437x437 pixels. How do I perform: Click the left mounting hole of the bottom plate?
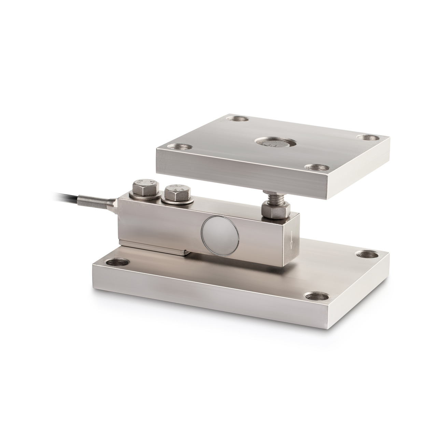pyautogui.click(x=118, y=263)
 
